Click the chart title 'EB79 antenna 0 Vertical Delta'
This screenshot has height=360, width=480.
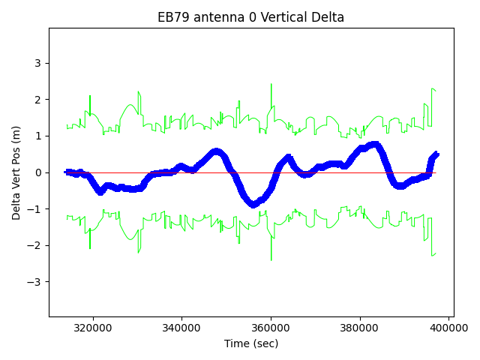pyautogui.click(x=250, y=17)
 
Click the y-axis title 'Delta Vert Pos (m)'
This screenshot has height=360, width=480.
pyautogui.click(x=16, y=172)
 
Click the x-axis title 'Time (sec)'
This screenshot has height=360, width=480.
pyautogui.click(x=250, y=343)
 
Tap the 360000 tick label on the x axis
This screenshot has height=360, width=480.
pyautogui.click(x=271, y=328)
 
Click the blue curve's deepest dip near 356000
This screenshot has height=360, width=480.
pyautogui.click(x=254, y=203)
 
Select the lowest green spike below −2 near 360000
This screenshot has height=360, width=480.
pyautogui.click(x=271, y=259)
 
